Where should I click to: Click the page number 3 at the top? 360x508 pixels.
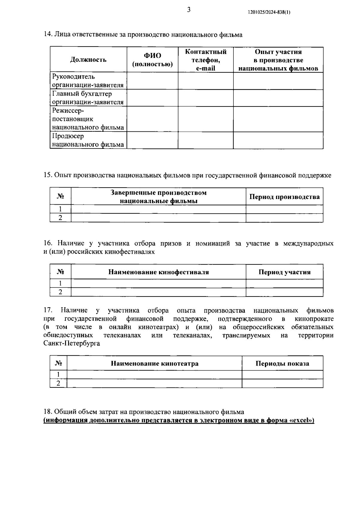point(189,10)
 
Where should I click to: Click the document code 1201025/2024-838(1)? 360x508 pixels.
point(269,12)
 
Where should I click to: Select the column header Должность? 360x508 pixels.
point(88,60)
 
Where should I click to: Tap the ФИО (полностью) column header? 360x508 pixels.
point(152,60)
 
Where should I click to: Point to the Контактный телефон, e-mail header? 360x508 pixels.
point(205,60)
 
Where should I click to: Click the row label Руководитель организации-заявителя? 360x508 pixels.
point(88,81)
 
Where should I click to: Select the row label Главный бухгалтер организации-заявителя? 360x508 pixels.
point(88,98)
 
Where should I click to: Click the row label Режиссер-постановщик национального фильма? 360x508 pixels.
point(88,119)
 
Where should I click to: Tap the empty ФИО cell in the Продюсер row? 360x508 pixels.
point(152,140)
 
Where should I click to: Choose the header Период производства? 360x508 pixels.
point(284,197)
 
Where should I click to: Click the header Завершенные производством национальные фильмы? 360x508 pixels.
point(158,197)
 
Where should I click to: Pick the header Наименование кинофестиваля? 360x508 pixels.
point(158,272)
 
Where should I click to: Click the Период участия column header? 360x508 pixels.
point(284,272)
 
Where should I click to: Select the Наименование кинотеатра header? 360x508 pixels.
point(154,364)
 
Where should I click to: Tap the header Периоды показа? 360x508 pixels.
point(282,364)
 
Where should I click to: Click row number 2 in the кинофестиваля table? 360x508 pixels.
point(60,292)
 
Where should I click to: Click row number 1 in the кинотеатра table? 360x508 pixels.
point(58,374)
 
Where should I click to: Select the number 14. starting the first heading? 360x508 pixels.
point(48,35)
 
